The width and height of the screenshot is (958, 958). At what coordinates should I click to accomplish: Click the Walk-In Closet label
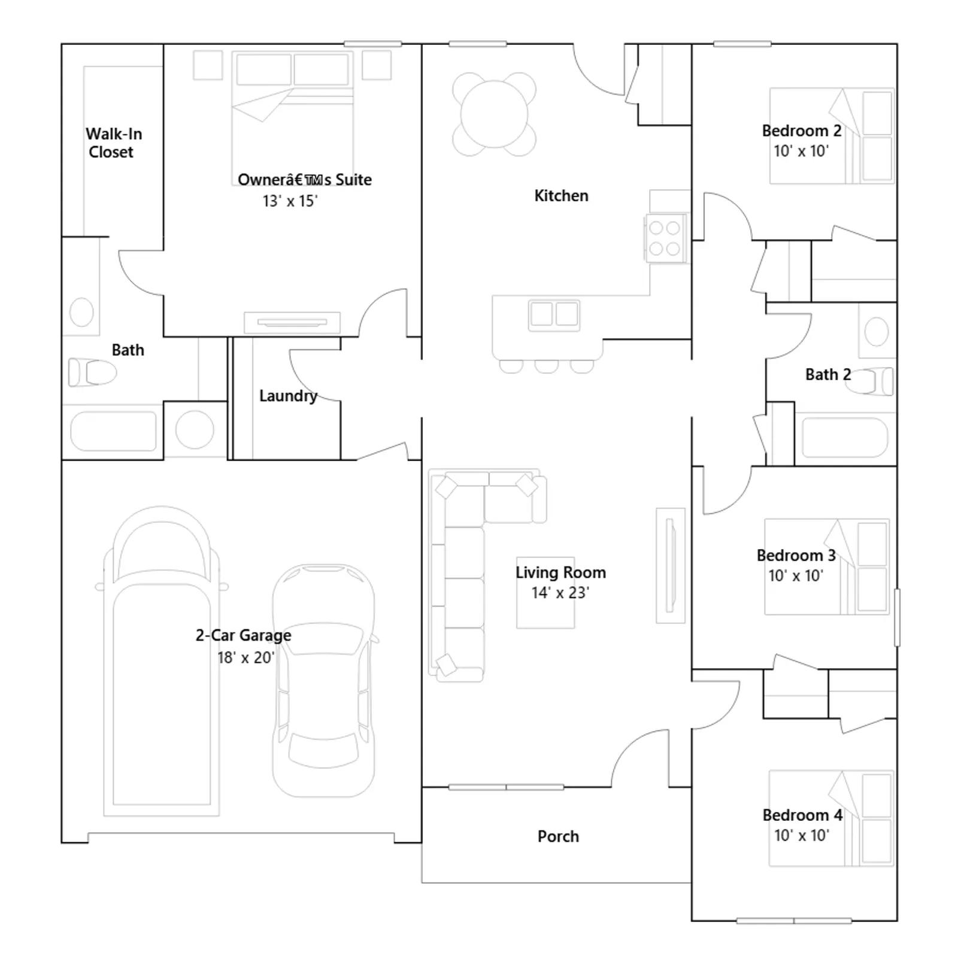(x=114, y=143)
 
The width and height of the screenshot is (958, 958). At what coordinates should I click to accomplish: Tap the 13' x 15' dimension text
(x=290, y=201)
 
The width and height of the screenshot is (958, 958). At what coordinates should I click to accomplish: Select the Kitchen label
(x=561, y=196)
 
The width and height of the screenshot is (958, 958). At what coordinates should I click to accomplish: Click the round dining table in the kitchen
(x=495, y=114)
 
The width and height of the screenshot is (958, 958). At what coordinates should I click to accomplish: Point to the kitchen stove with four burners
(x=665, y=238)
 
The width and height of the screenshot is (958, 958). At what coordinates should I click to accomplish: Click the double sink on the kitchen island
(x=554, y=314)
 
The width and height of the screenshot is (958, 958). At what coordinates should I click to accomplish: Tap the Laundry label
(x=288, y=396)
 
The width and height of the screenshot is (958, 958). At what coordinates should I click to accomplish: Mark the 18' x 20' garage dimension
(x=246, y=657)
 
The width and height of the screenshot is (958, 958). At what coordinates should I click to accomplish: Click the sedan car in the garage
(x=324, y=680)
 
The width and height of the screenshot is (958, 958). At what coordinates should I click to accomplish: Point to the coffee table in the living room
(x=545, y=593)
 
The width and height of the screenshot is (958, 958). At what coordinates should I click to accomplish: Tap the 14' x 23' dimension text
(x=560, y=593)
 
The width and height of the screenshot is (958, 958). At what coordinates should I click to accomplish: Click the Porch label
(x=558, y=836)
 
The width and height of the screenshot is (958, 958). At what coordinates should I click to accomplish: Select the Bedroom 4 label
(x=802, y=815)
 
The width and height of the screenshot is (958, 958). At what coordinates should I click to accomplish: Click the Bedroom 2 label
(x=802, y=131)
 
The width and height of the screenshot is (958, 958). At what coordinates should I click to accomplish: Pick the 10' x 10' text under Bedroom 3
(x=796, y=575)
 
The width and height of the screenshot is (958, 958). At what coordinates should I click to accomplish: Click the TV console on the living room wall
(x=671, y=565)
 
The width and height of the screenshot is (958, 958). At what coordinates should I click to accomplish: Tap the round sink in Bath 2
(x=877, y=331)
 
